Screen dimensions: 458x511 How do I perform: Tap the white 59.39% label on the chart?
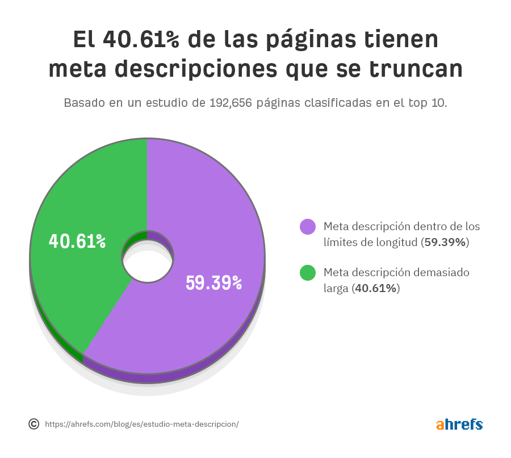[214, 283]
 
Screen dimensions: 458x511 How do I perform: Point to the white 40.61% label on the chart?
[77, 242]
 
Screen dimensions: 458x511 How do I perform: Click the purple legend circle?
[308, 227]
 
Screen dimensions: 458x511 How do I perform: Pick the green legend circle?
[308, 273]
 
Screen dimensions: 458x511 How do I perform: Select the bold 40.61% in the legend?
[375, 289]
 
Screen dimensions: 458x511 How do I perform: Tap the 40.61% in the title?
[141, 40]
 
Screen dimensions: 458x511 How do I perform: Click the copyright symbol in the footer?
[33, 424]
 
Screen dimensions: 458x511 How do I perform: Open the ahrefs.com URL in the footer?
[141, 424]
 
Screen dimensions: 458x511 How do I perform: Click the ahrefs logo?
[459, 424]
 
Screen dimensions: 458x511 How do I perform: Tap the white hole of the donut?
[148, 266]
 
